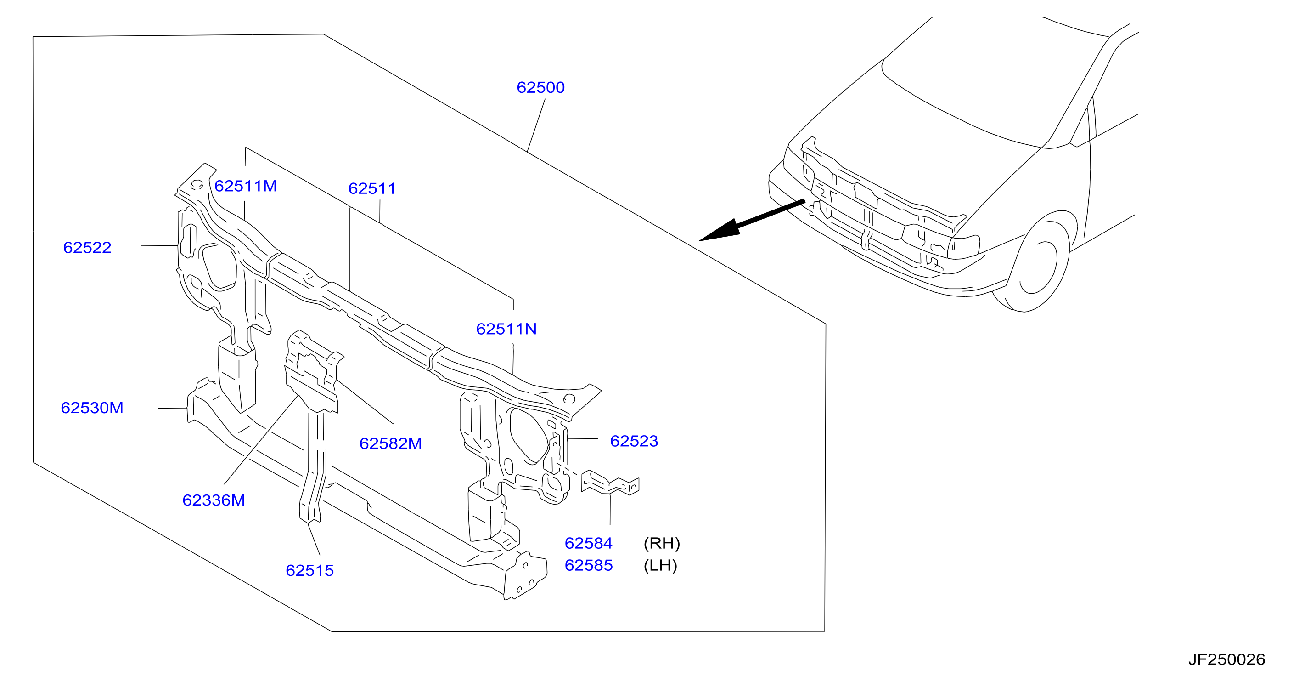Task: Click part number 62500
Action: [540, 87]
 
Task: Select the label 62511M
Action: [245, 186]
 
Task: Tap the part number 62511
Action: [372, 188]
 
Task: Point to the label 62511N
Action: [506, 329]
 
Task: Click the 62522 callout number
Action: [87, 247]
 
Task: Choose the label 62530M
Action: [92, 408]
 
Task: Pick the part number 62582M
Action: [390, 443]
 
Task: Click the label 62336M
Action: [214, 500]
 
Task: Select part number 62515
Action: [309, 570]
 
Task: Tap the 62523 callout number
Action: [634, 441]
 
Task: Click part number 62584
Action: [589, 543]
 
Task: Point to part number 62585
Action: [589, 565]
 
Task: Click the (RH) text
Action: [662, 543]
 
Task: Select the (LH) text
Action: [660, 565]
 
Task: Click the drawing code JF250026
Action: [1226, 659]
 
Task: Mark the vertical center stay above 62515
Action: [314, 465]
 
